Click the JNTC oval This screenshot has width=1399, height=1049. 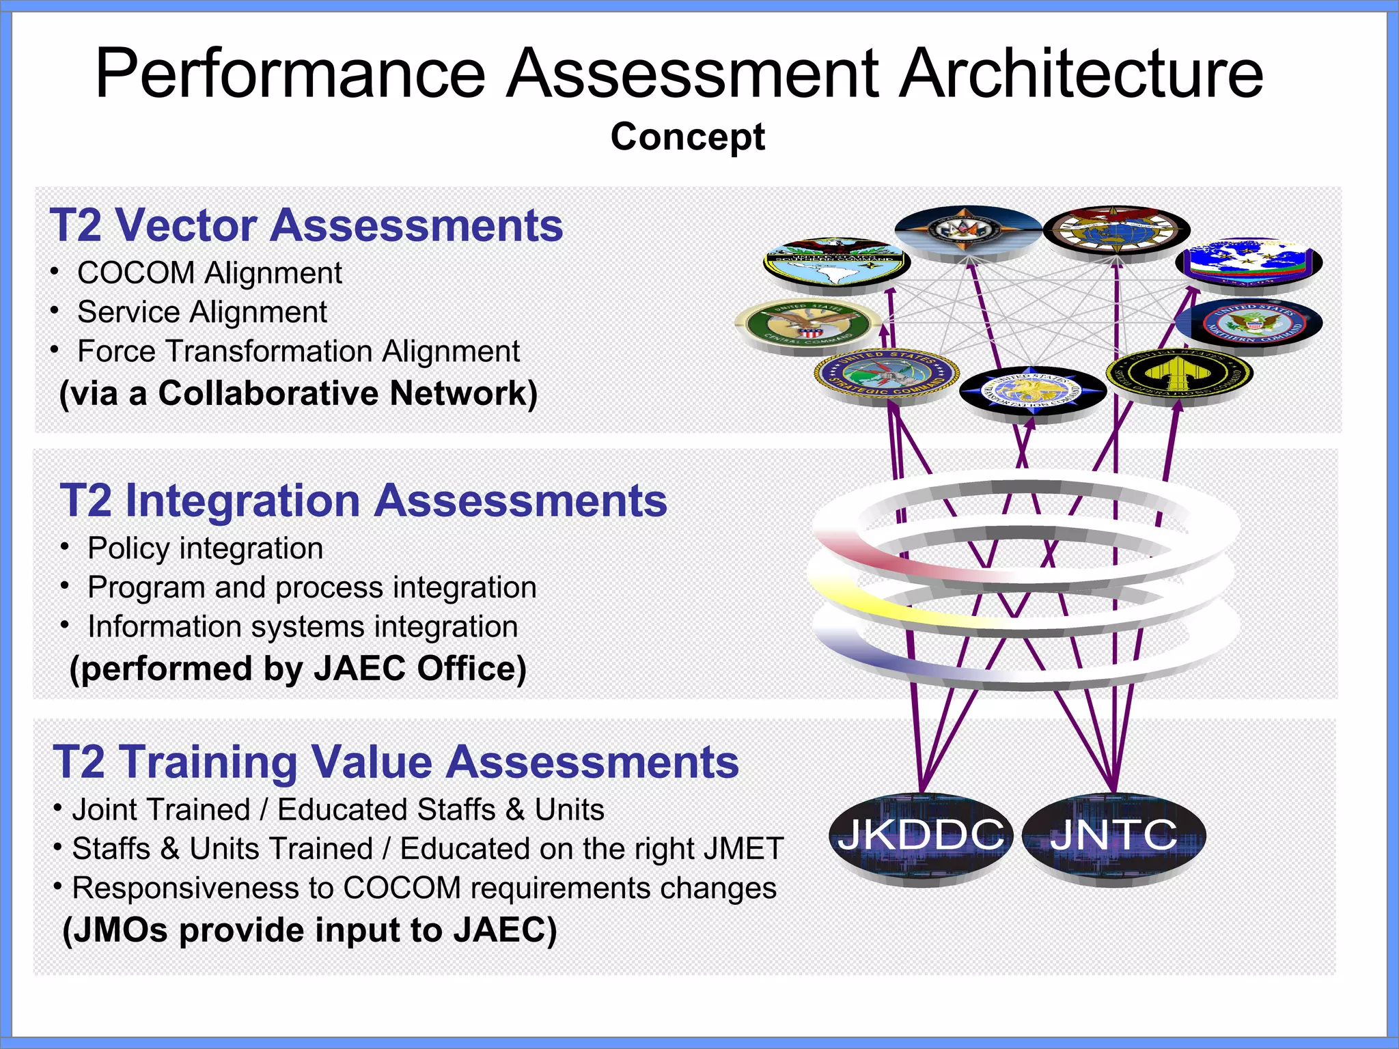(x=1113, y=836)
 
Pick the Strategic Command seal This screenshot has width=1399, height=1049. (x=887, y=374)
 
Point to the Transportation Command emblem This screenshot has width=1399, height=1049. (x=1032, y=392)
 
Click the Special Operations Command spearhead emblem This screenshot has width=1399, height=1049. (x=1179, y=375)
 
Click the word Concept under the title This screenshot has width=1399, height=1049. (x=687, y=137)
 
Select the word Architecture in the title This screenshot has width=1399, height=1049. (x=1081, y=74)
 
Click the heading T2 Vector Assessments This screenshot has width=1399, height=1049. (x=306, y=225)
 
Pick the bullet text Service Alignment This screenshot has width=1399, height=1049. (x=202, y=312)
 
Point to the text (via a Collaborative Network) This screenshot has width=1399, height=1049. (x=299, y=393)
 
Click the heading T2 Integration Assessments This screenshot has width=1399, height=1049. (x=363, y=501)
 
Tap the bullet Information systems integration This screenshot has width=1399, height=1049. (x=303, y=627)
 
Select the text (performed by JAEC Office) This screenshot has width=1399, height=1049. (x=298, y=669)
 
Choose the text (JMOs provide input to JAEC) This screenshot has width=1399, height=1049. (x=309, y=930)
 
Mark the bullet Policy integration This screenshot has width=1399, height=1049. (x=205, y=548)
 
